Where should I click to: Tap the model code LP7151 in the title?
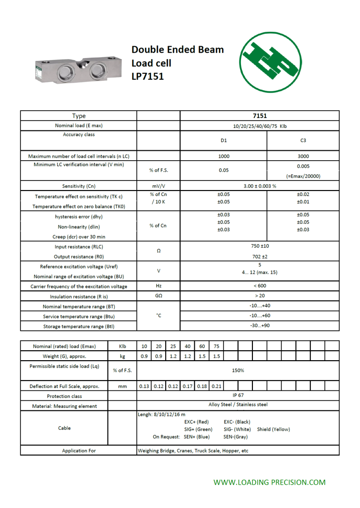coord(147,76)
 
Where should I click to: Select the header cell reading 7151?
coord(259,116)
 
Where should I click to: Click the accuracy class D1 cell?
coord(224,140)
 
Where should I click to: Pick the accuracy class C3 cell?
coord(303,140)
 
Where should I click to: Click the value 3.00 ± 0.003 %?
coord(259,186)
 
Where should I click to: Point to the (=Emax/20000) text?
coord(303,176)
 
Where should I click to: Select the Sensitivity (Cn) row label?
coord(78,186)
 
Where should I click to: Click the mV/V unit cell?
coord(158,186)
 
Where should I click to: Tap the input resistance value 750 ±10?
coord(259,246)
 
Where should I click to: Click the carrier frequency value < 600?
coord(259,286)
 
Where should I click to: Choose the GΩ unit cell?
coord(158,296)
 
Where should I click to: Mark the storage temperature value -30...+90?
coord(259,326)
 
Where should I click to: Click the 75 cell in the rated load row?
coord(216,346)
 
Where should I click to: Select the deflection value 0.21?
coord(216,386)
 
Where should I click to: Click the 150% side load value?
coord(238,370)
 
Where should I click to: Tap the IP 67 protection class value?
coord(238,395)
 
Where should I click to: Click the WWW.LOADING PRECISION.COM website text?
coord(269,482)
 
